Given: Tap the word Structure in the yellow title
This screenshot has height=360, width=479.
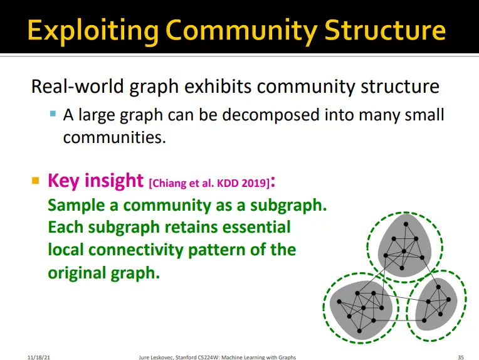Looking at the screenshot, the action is (385, 30).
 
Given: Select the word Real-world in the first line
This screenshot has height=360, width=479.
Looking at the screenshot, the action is (78, 86).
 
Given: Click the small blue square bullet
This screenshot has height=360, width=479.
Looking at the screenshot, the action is (53, 114).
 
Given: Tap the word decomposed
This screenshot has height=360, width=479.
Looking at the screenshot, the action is (271, 115).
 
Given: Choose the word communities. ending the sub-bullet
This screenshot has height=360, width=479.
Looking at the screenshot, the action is (115, 137).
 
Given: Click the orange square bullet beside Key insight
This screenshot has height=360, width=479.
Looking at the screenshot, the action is (36, 181).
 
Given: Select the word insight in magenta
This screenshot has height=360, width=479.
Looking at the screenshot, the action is (114, 181).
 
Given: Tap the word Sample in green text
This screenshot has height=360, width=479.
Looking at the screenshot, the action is (76, 205).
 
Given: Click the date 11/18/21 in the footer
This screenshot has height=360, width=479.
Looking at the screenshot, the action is (38, 357).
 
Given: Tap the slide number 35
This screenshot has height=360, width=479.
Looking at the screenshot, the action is (461, 357).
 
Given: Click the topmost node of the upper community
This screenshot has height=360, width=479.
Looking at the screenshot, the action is (406, 224).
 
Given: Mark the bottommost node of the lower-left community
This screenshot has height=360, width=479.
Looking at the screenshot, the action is (359, 331).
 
